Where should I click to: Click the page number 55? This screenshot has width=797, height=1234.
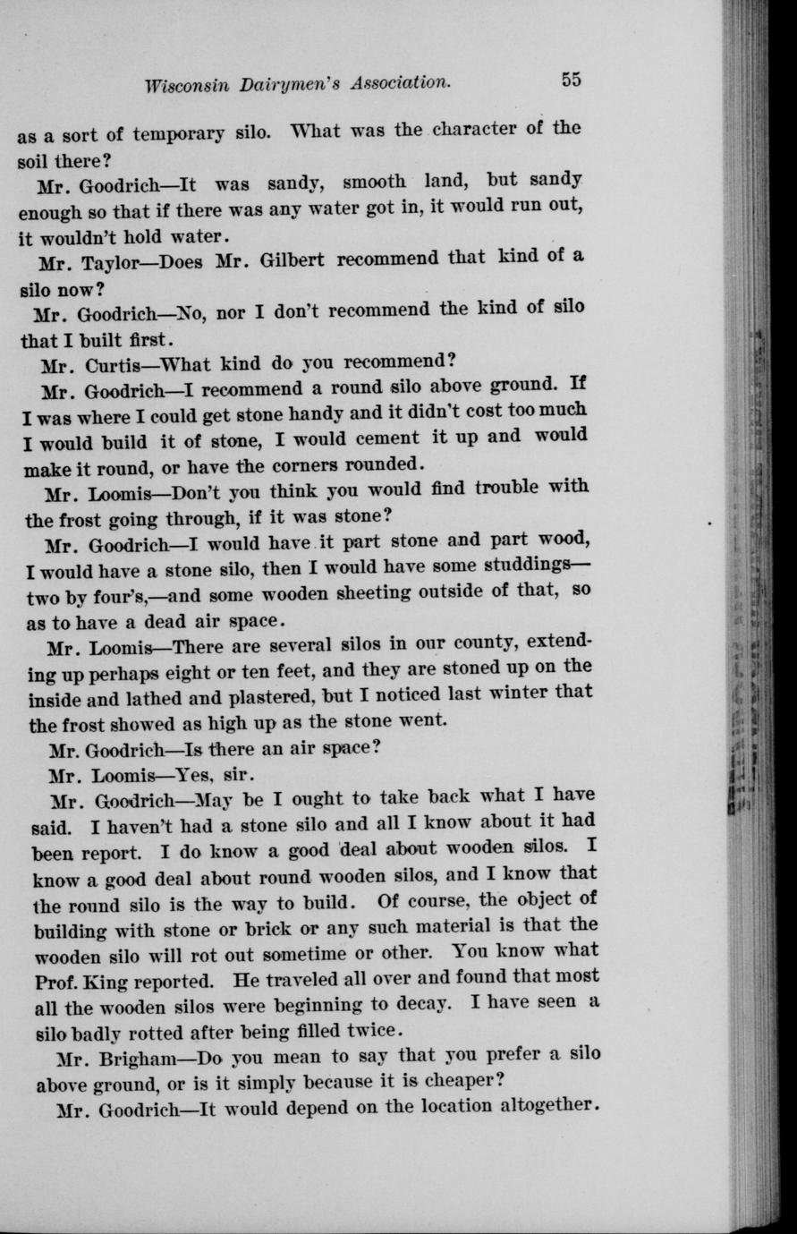(572, 80)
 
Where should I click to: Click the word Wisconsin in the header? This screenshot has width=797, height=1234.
(186, 85)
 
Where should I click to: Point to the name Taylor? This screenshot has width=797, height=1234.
(118, 265)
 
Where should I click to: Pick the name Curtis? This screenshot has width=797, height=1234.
(116, 367)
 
